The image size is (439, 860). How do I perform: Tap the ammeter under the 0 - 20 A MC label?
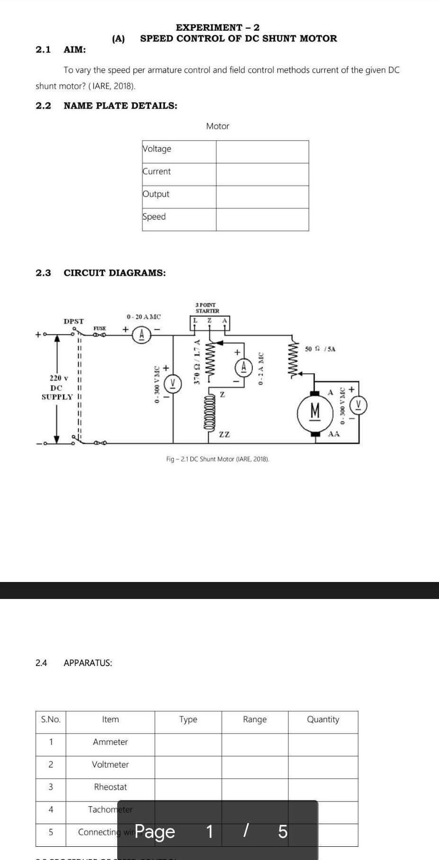(x=141, y=335)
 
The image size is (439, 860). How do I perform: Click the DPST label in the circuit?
(x=74, y=321)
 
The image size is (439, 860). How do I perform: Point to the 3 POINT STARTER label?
(x=207, y=308)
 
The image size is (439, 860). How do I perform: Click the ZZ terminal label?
(x=224, y=434)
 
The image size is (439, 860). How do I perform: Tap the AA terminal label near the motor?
(x=334, y=434)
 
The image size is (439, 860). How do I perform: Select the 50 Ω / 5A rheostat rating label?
(x=320, y=349)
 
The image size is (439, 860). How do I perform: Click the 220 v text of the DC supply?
(x=59, y=378)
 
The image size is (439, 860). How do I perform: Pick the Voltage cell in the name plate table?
(x=157, y=149)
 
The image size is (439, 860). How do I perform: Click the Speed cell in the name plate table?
(x=155, y=217)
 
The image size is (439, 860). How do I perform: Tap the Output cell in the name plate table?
(x=156, y=194)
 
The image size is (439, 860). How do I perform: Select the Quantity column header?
(x=323, y=719)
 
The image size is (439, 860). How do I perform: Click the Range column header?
(x=255, y=719)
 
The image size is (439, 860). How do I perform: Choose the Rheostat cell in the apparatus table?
(x=110, y=787)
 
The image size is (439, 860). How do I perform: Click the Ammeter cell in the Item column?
(x=110, y=742)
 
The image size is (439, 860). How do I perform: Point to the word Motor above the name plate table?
(x=217, y=126)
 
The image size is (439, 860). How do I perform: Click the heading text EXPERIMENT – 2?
(x=217, y=27)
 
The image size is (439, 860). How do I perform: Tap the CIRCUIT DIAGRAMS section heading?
(x=115, y=273)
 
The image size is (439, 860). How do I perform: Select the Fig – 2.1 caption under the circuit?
(x=217, y=459)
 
